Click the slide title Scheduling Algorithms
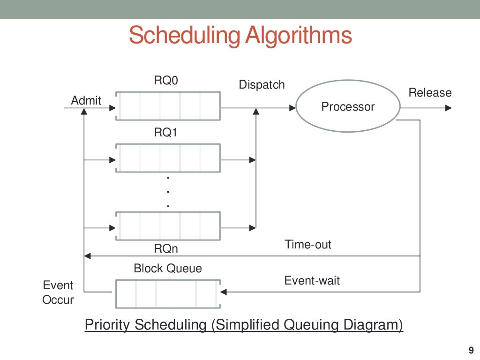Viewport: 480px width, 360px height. (x=240, y=36)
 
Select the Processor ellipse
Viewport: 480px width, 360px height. (x=347, y=107)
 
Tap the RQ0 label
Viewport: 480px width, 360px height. (x=166, y=81)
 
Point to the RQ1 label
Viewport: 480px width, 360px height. (x=166, y=133)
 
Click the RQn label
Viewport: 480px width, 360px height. (x=166, y=247)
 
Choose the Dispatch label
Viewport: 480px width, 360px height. (x=262, y=85)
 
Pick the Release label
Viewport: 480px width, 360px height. (x=430, y=93)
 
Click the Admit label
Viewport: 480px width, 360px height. (x=86, y=100)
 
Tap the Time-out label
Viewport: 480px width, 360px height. (x=307, y=245)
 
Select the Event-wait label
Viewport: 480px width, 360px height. (x=312, y=281)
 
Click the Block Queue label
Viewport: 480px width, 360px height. (x=168, y=269)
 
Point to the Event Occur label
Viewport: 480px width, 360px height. (x=58, y=292)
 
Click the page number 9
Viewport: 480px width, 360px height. (x=471, y=350)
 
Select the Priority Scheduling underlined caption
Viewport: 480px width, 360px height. (x=244, y=325)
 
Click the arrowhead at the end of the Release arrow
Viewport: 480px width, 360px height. (x=449, y=108)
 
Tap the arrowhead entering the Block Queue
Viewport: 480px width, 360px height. (x=224, y=292)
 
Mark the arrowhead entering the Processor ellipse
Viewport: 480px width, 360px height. (x=293, y=108)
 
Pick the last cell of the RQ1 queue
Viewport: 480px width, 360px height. (x=210, y=158)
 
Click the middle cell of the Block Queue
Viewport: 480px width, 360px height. (x=166, y=294)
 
